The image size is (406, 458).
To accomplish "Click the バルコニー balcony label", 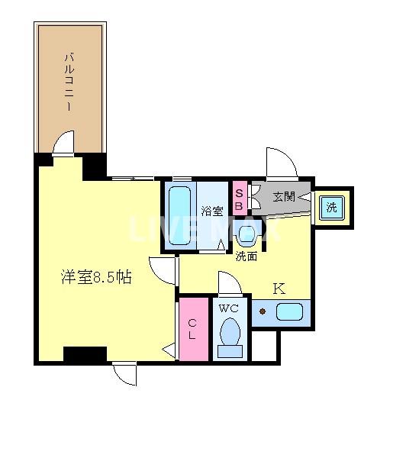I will pyautogui.click(x=69, y=80).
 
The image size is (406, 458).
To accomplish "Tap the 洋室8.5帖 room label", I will pyautogui.click(x=96, y=278).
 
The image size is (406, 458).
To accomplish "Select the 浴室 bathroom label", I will pyautogui.click(x=212, y=211).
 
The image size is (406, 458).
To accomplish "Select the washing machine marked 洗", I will pyautogui.click(x=332, y=205).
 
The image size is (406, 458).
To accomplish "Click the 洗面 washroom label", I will pyautogui.click(x=246, y=256).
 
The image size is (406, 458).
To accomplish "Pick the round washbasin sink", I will pyautogui.click(x=247, y=234).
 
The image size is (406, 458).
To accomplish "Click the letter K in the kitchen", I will pyautogui.click(x=279, y=289).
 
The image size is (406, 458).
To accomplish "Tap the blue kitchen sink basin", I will pyautogui.click(x=288, y=312).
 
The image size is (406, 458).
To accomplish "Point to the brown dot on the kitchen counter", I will pyautogui.click(x=263, y=311).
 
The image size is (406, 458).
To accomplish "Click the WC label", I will pyautogui.click(x=228, y=309).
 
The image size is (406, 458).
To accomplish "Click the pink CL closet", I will pyautogui.click(x=193, y=329).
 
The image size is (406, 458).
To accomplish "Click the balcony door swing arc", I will pyautogui.click(x=65, y=142).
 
